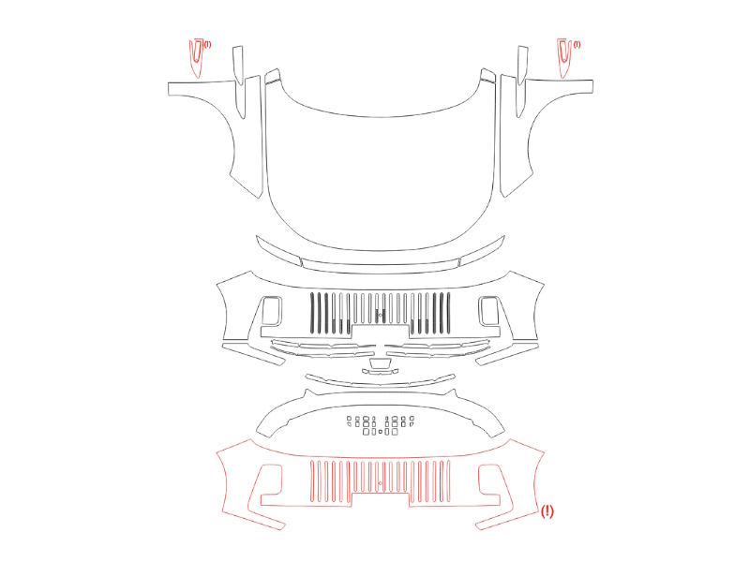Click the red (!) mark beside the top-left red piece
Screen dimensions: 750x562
click(207, 44)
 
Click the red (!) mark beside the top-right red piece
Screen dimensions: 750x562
click(577, 44)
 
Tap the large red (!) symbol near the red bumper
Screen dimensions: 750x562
click(547, 511)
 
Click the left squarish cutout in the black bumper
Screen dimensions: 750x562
click(263, 311)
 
